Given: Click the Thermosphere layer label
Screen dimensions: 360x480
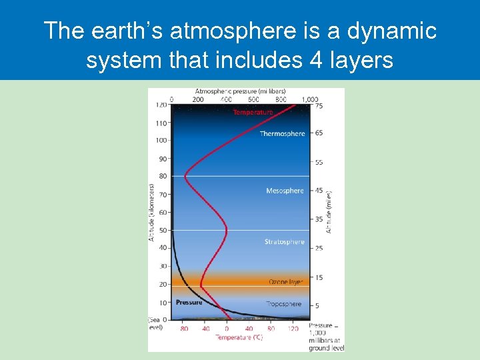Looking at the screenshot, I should tap(282, 134).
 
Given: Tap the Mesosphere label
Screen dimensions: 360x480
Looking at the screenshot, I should tap(285, 191).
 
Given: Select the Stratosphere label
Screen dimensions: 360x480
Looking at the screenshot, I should tap(284, 242).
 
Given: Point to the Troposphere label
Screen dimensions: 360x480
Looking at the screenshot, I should tap(284, 304).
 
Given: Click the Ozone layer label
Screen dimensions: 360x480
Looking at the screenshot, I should tap(285, 282).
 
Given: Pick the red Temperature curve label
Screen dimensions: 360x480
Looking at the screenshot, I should tap(253, 113).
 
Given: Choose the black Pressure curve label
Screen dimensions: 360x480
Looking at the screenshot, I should tap(189, 303).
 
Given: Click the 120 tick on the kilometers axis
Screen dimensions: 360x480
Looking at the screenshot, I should tap(161, 105).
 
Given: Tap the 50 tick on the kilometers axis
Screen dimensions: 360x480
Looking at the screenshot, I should tap(162, 231).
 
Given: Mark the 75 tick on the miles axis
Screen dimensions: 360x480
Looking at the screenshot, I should tap(319, 105).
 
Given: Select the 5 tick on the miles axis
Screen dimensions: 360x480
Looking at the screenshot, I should tap(317, 306).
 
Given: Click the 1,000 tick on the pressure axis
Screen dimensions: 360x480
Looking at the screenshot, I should tap(309, 99).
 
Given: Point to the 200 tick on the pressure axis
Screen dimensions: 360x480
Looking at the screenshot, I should tap(199, 99).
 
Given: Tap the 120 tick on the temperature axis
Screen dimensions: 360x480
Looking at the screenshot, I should tap(293, 329).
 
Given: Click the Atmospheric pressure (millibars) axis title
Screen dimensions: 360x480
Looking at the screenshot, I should tap(241, 91).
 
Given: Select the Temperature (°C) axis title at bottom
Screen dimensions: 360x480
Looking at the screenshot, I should tap(239, 337).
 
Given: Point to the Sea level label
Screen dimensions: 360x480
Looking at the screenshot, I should tap(156, 323).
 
